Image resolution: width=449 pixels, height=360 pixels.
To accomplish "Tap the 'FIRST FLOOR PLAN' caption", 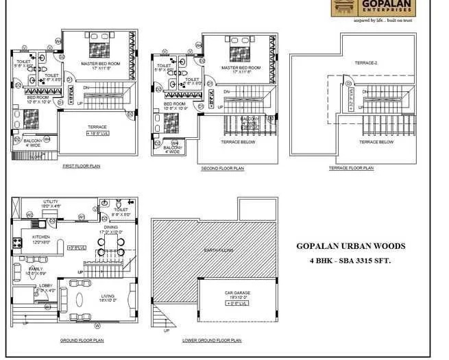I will pyautogui.click(x=82, y=166).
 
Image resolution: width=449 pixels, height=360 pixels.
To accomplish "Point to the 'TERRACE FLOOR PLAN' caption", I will pyautogui.click(x=351, y=168).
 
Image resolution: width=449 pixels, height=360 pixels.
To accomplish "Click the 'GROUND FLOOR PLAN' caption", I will pyautogui.click(x=82, y=340).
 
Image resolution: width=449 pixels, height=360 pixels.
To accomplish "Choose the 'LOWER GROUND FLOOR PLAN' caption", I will pyautogui.click(x=212, y=340).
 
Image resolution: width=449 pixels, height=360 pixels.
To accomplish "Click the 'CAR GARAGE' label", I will pyautogui.click(x=238, y=293).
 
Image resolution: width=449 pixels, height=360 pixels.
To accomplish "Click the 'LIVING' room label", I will pyautogui.click(x=108, y=296).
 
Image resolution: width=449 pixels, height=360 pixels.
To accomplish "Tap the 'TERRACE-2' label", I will pyautogui.click(x=365, y=62).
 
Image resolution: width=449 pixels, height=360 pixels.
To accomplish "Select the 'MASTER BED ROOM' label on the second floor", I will pyautogui.click(x=241, y=68).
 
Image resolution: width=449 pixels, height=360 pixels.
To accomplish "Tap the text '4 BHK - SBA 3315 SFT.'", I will pyautogui.click(x=350, y=261).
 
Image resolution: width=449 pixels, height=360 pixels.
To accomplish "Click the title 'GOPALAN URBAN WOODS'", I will pyautogui.click(x=350, y=246).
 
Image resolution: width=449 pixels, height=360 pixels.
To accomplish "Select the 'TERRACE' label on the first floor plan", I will pyautogui.click(x=97, y=127).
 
